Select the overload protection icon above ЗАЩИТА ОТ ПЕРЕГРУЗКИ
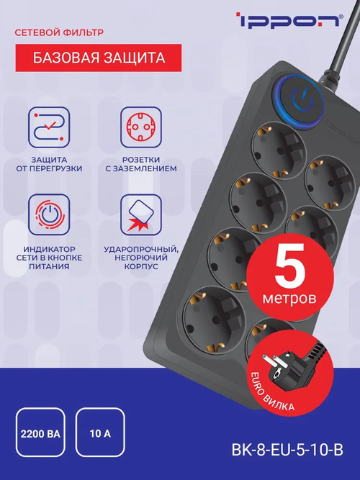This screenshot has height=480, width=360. tap(49, 127)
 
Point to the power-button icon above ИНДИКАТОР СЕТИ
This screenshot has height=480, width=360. tap(49, 214)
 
